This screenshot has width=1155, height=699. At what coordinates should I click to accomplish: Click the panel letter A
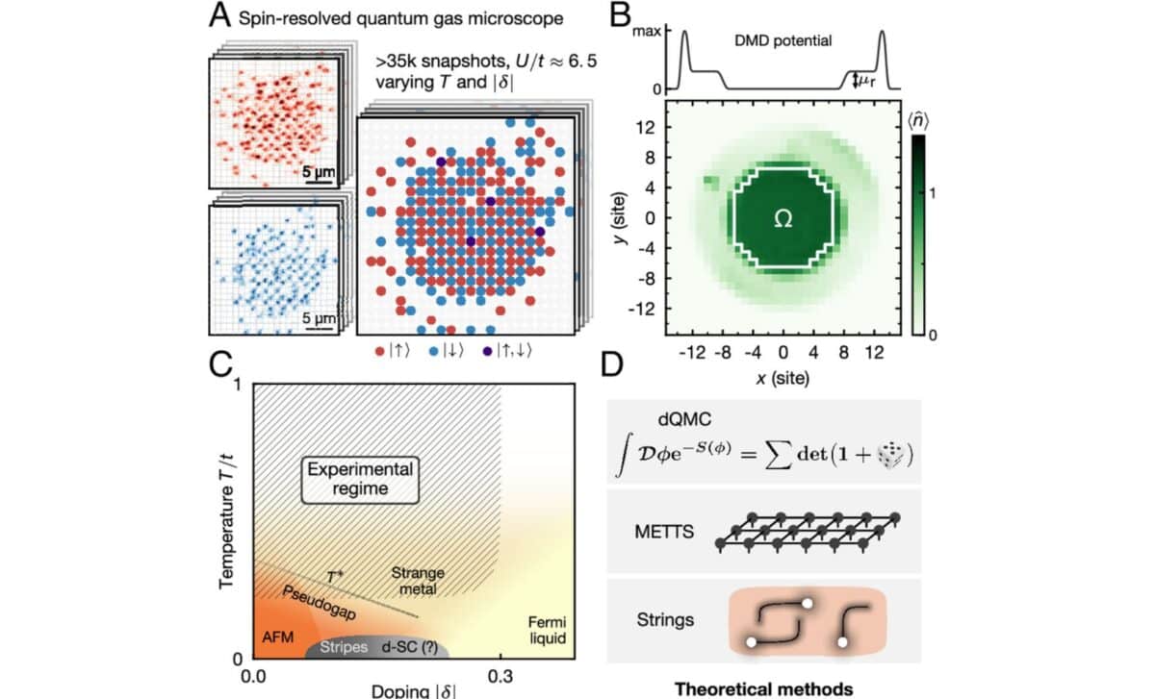point(222,16)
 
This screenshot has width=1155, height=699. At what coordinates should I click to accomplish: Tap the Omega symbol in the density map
point(783,219)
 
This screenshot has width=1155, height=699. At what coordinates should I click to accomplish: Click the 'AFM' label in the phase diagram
point(278,637)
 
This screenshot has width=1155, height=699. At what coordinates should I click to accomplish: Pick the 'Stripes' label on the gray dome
point(344,647)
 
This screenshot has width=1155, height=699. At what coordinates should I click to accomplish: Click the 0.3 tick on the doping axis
point(500,677)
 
